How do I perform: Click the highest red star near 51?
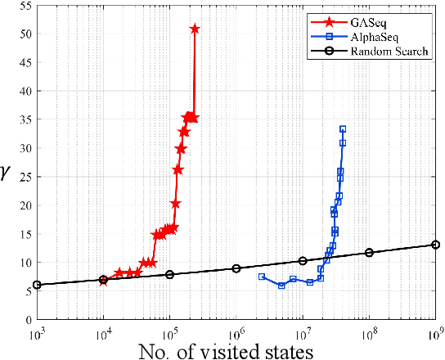[x=195, y=29]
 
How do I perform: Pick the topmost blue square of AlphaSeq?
[x=343, y=129]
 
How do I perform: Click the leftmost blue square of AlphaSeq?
[x=262, y=277]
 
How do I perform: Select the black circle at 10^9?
[x=435, y=245]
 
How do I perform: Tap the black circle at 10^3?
[x=37, y=285]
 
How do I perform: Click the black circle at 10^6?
[x=236, y=268]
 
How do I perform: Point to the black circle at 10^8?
[x=369, y=253]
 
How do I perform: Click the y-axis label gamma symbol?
[x=7, y=173]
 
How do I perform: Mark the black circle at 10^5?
[x=169, y=275]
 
